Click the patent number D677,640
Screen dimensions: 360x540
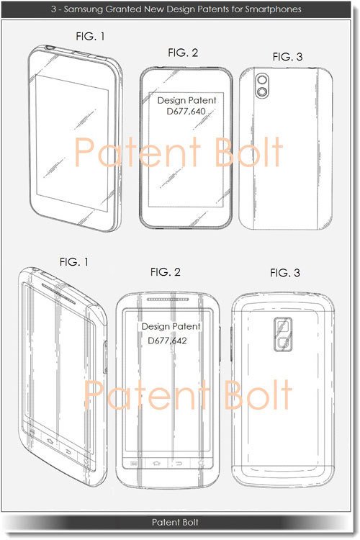coord(186,111)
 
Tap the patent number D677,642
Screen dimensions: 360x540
coord(167,341)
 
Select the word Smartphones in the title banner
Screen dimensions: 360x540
coord(273,9)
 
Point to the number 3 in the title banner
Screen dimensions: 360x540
coord(53,9)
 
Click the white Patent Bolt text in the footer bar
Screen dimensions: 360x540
coord(175,522)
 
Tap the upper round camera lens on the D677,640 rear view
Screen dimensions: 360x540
coord(263,80)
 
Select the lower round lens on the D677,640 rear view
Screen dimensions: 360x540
coord(263,91)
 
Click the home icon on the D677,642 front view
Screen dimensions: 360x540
coord(157,463)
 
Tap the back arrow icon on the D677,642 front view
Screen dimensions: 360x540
coord(179,464)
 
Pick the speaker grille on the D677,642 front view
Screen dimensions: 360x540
coord(168,300)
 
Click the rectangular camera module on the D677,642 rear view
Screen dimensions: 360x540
coord(283,334)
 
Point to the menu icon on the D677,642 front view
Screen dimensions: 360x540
coord(134,464)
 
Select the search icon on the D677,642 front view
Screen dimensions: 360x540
coord(201,464)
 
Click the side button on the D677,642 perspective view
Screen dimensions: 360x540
coord(105,356)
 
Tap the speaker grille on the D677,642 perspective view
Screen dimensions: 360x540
coord(58,294)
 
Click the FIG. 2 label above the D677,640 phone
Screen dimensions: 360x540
coord(183,53)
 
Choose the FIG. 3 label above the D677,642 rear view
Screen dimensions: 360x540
coord(285,273)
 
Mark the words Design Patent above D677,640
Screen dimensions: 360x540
coord(186,100)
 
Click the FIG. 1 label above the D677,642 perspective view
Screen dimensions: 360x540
coord(74,262)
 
